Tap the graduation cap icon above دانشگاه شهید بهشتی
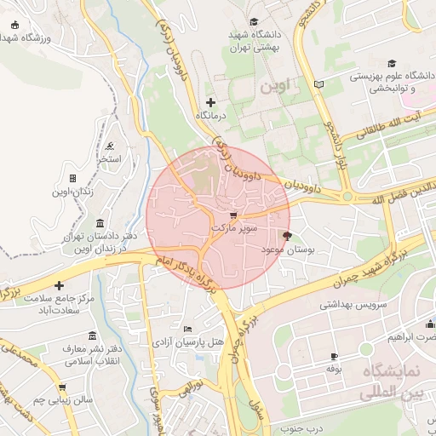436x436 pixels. (253, 22)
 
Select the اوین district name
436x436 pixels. (278, 86)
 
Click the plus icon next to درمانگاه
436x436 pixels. (211, 102)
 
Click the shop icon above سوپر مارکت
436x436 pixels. (233, 216)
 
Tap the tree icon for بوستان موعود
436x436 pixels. (287, 236)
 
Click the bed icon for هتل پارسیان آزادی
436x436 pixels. (187, 329)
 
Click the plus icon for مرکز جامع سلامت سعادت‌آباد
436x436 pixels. (59, 285)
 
